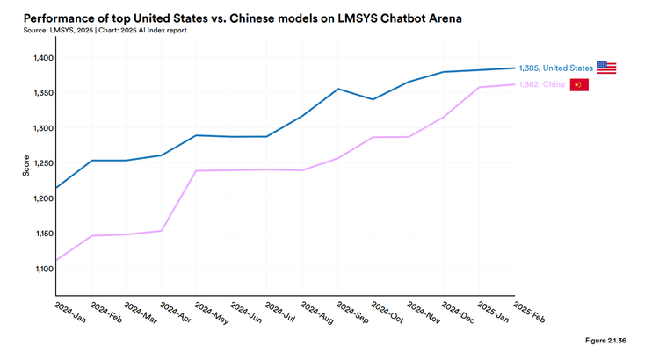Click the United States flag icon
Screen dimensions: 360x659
pyautogui.click(x=606, y=68)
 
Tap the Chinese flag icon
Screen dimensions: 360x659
pyautogui.click(x=579, y=85)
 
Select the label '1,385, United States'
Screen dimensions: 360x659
pyautogui.click(x=556, y=68)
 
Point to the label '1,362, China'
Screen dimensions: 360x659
pyautogui.click(x=541, y=85)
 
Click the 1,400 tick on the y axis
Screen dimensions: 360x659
pyautogui.click(x=42, y=58)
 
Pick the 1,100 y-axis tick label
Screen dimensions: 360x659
pyautogui.click(x=42, y=269)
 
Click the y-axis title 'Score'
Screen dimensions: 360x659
pyautogui.click(x=26, y=165)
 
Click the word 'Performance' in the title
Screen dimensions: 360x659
pyautogui.click(x=62, y=18)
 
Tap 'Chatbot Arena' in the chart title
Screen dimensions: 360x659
pyautogui.click(x=418, y=18)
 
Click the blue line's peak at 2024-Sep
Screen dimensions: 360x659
pyautogui.click(x=337, y=89)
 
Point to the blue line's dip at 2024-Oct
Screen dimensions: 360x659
pyautogui.click(x=373, y=99)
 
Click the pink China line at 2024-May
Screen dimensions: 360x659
pyautogui.click(x=196, y=170)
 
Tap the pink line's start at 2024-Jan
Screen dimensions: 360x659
pyautogui.click(x=55, y=260)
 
